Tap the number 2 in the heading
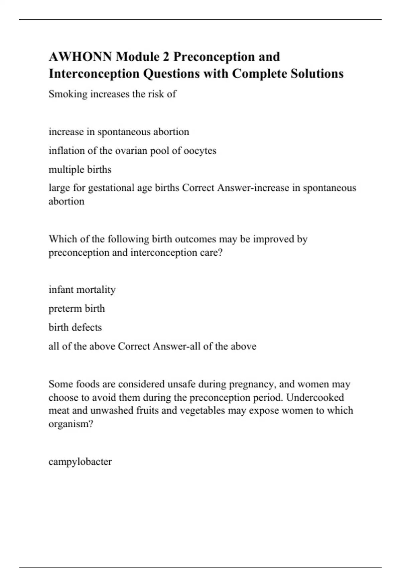tap(166, 57)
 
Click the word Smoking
tap(68, 94)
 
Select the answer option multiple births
tap(80, 170)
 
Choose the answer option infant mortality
tap(82, 290)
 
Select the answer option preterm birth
tap(77, 309)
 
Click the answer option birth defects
tap(75, 327)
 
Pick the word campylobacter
tap(80, 462)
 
